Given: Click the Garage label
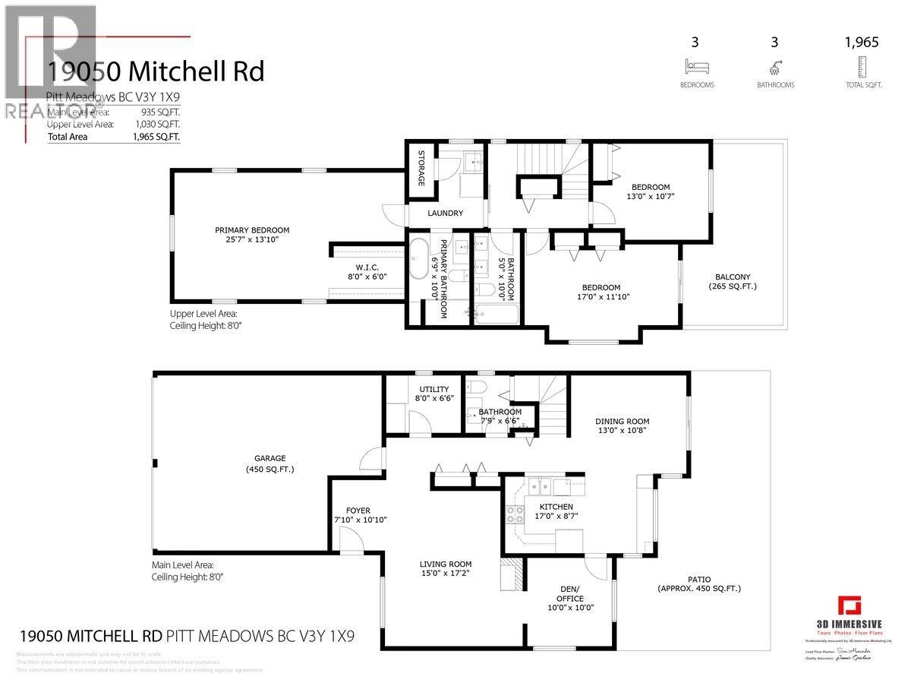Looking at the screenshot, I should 270,458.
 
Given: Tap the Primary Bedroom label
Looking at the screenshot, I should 251,230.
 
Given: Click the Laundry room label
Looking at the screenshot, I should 445,213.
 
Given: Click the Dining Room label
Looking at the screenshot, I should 622,421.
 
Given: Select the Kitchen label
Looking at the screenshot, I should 556,507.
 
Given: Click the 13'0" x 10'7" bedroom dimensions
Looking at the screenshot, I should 651,196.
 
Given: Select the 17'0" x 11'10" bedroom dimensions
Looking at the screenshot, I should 601,297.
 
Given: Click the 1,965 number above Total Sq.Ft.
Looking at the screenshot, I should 861,43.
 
